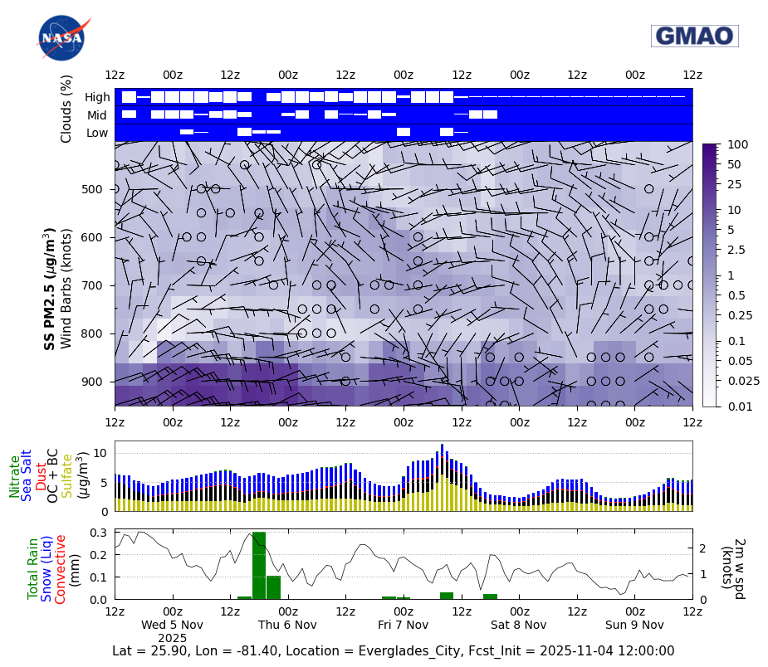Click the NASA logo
pyautogui.click(x=61, y=37)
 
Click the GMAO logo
pyautogui.click(x=694, y=36)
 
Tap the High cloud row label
pyautogui.click(x=97, y=97)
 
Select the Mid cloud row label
pyautogui.click(x=97, y=115)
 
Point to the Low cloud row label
pyautogui.click(x=97, y=133)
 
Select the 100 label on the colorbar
pyautogui.click(x=737, y=144)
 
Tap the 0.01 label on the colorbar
pyautogui.click(x=738, y=406)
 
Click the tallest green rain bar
pyautogui.click(x=259, y=566)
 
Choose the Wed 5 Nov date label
pyautogui.click(x=172, y=625)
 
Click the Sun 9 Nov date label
pyautogui.click(x=634, y=625)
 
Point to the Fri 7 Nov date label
pyautogui.click(x=403, y=625)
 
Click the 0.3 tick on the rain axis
pyautogui.click(x=98, y=533)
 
